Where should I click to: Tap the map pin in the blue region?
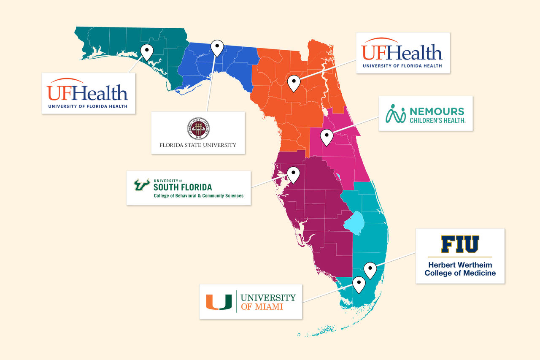click(x=217, y=47)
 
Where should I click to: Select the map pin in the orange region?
click(x=293, y=82)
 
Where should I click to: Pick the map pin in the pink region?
click(x=326, y=137)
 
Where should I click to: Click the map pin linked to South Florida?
click(x=293, y=174)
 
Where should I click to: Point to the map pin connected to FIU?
click(x=370, y=269)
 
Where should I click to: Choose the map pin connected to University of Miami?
click(x=359, y=284)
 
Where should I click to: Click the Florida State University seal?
click(x=198, y=128)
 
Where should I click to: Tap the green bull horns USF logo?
click(x=142, y=185)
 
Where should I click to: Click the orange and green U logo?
click(x=219, y=301)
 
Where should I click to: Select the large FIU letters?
click(x=460, y=244)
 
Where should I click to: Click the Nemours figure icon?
click(x=396, y=114)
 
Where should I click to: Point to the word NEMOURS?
click(x=437, y=112)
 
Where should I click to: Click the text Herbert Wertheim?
click(x=460, y=265)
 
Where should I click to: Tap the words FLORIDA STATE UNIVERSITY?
click(x=198, y=145)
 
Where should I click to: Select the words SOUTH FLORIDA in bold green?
click(x=183, y=187)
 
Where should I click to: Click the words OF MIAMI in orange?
click(x=262, y=307)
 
